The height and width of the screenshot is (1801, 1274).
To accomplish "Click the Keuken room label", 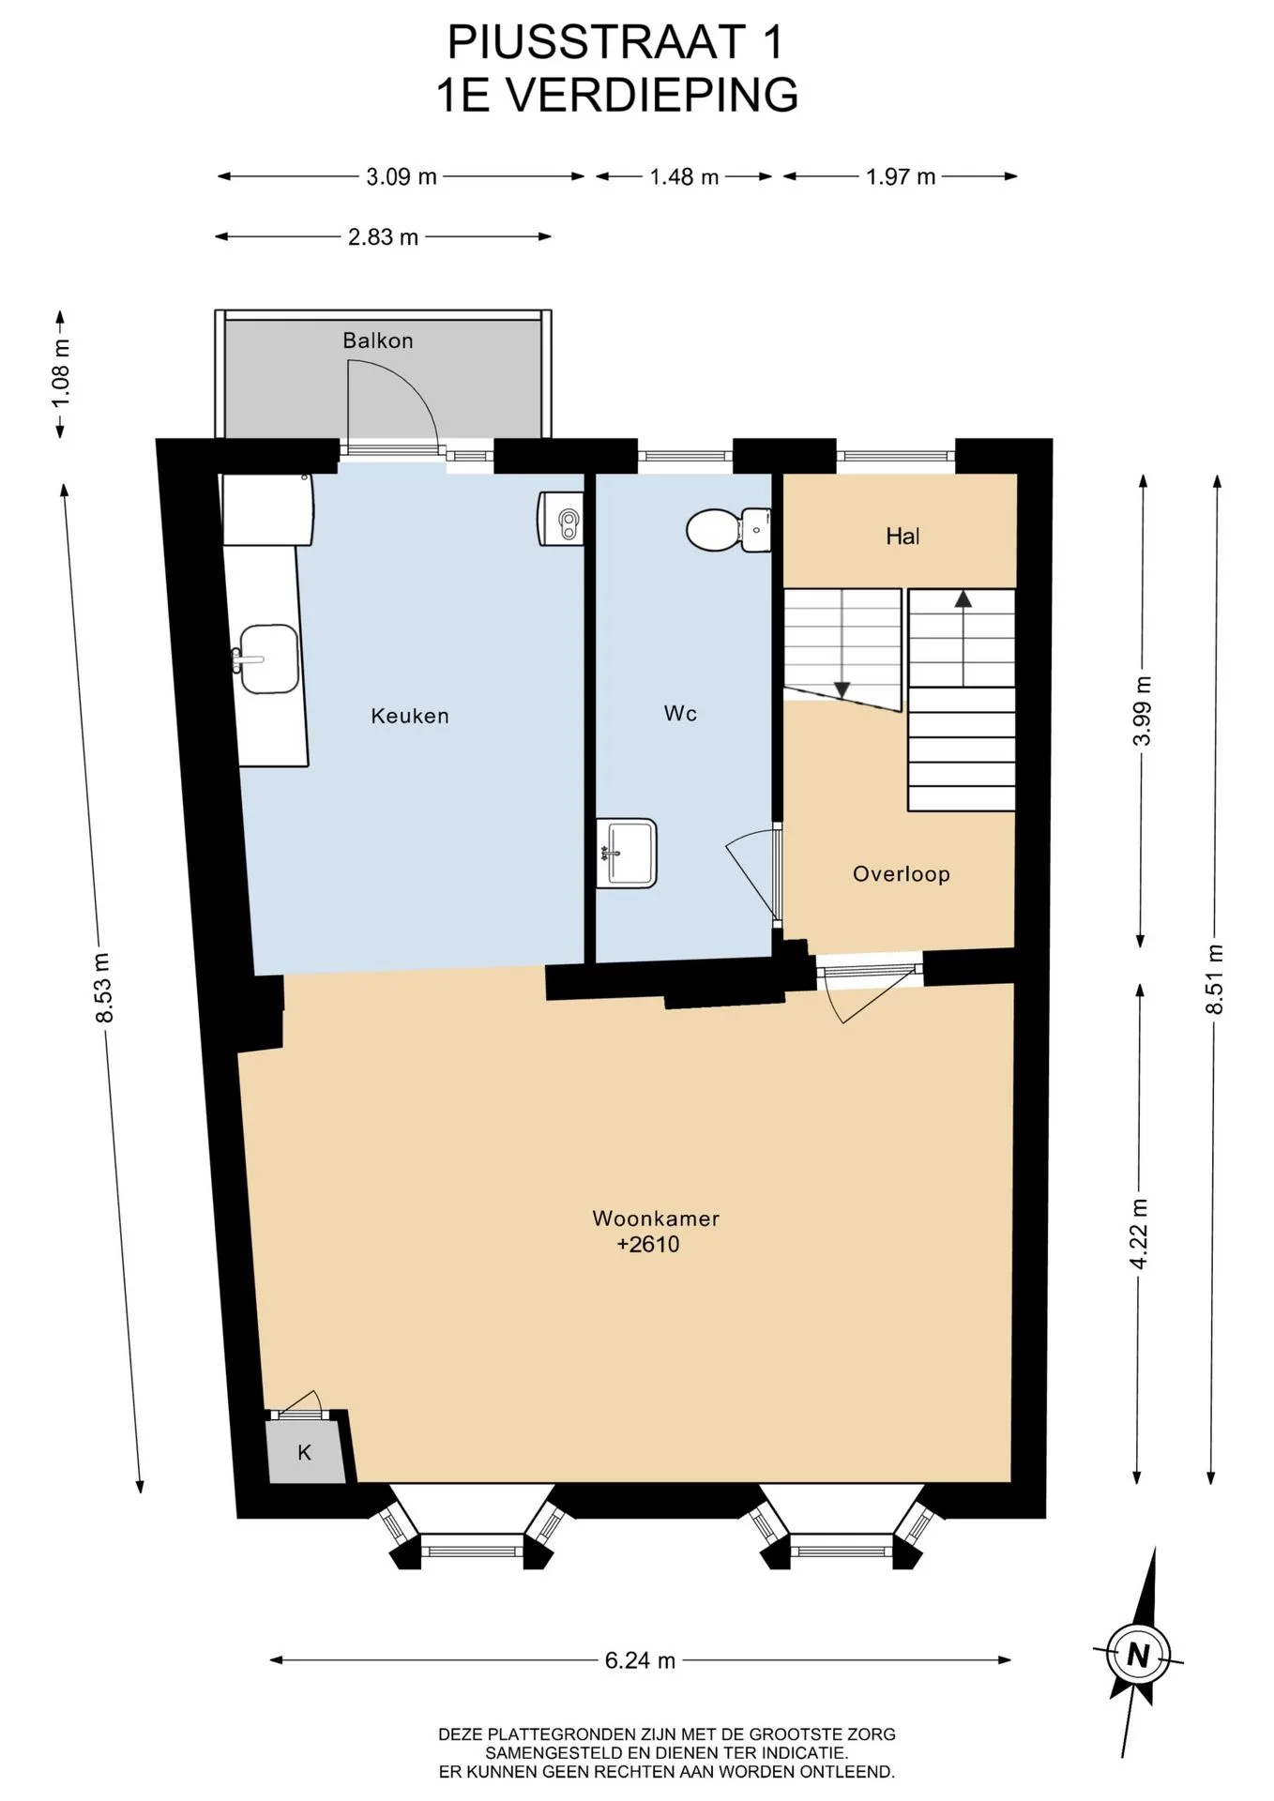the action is coord(410,716).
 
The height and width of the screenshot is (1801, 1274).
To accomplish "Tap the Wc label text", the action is coord(680,714).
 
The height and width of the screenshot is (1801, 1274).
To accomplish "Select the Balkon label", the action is coord(378,341).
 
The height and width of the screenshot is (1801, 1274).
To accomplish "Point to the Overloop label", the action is coord(902,874).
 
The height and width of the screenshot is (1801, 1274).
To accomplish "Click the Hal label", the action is coord(902,537).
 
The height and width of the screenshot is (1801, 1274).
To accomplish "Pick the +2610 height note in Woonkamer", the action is coord(648,1245).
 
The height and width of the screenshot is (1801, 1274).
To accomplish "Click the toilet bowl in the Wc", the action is coord(728,530).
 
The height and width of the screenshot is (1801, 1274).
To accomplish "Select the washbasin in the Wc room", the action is coord(627,853).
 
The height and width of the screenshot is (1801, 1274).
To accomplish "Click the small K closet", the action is coord(306,1453).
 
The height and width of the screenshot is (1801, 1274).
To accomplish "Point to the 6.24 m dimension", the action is coord(640,1660).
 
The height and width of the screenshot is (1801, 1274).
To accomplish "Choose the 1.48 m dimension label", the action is coord(684,177).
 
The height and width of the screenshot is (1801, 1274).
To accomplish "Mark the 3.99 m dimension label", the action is coord(1142,711).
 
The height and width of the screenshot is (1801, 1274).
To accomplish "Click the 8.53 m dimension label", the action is coord(102,988).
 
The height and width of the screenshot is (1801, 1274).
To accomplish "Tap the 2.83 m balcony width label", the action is coord(383,237).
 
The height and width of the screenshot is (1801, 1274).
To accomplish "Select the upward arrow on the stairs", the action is coord(963,638).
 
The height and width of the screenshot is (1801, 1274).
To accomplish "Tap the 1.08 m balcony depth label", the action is coord(61,372).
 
